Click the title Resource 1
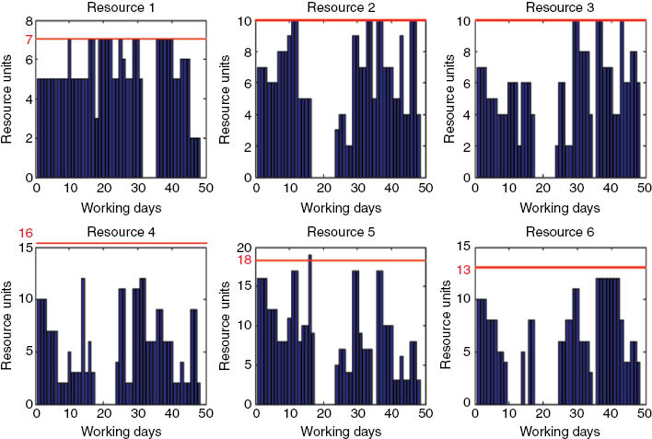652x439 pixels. [x=120, y=8]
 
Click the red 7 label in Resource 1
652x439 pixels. [x=29, y=39]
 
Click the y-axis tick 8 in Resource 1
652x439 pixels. [x=29, y=20]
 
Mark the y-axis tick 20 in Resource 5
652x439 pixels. [x=243, y=248]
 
